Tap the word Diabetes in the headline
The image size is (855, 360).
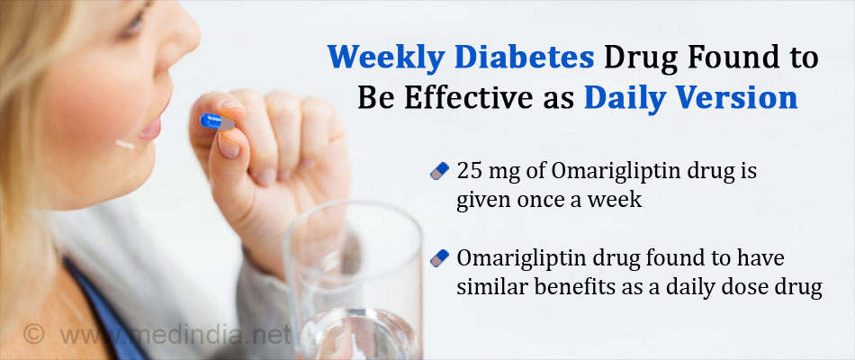(524, 58)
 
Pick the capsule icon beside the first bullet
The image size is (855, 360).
(439, 171)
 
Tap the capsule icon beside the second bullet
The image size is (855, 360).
(439, 258)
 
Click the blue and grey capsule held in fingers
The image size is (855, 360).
(218, 121)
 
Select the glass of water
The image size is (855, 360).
(353, 282)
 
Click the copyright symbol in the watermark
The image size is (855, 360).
(34, 334)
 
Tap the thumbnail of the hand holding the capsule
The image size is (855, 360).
(229, 145)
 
